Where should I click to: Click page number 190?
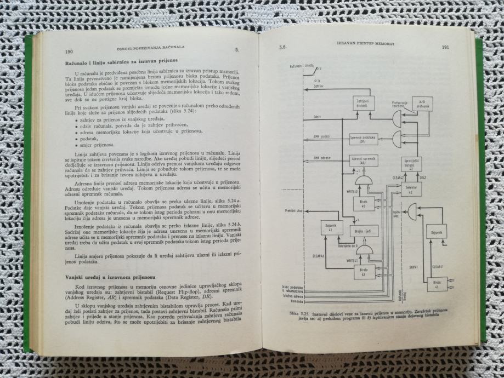pos(69,51)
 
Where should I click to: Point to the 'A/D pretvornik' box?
pos(422,102)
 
